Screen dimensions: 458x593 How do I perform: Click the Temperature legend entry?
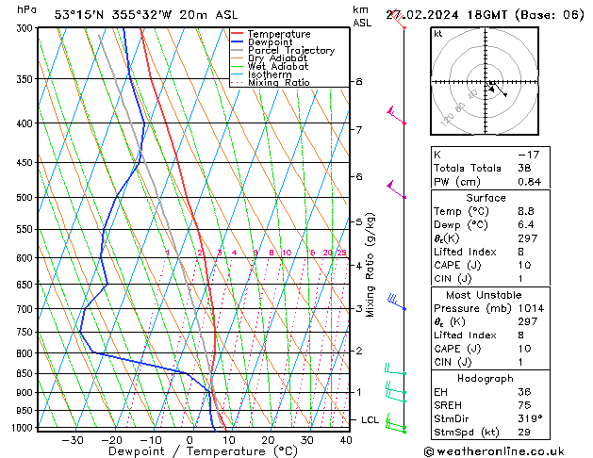coord(277,34)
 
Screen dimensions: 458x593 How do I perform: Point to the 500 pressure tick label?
coord(25,198)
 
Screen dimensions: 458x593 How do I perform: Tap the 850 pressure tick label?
coord(25,374)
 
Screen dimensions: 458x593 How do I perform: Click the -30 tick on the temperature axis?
coord(72,440)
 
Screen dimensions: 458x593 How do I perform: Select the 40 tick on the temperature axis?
coord(346,440)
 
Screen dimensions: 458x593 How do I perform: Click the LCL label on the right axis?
coord(371,419)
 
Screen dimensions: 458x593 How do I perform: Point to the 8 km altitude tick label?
coord(359,82)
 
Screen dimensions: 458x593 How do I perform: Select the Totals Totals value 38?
coord(524,168)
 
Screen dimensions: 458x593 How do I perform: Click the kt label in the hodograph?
coord(438,34)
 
